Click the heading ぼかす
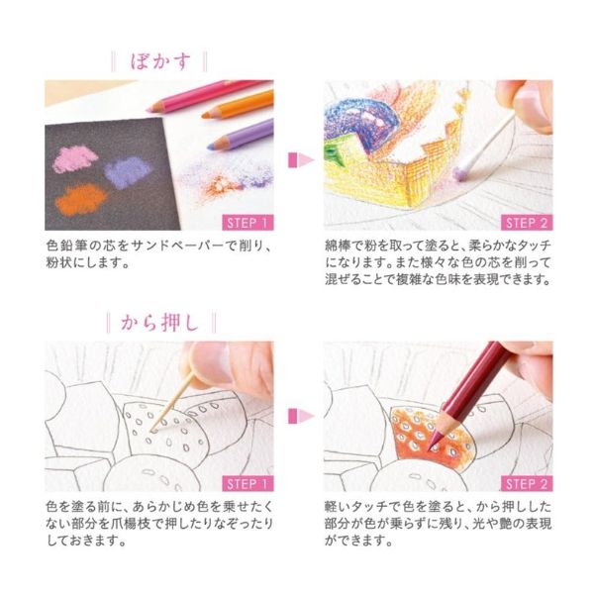coord(160,61)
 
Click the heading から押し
coord(160,323)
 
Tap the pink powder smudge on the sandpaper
coord(74,158)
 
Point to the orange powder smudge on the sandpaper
coord(81,199)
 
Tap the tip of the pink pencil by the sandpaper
coord(148,110)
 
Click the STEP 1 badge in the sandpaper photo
coord(247,223)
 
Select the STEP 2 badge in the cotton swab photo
coord(527,223)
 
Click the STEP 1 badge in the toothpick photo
coord(247,484)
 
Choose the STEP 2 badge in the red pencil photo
coord(527,484)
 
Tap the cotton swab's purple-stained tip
coord(461,172)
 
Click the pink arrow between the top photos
coord(301,159)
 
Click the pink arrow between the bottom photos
coord(301,417)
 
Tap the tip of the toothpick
coord(151,432)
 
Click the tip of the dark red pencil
coord(429,450)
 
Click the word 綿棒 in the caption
coord(338,246)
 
